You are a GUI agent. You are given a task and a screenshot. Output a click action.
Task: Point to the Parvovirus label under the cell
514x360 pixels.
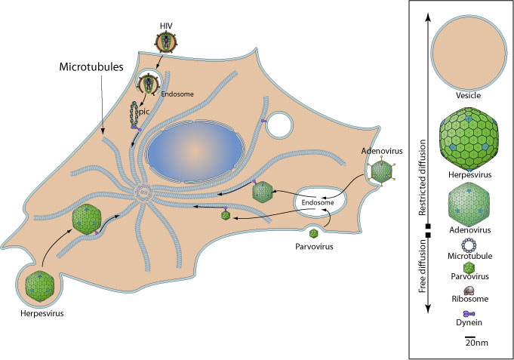314,247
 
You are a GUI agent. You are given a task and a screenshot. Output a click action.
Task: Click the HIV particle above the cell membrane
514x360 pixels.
165,45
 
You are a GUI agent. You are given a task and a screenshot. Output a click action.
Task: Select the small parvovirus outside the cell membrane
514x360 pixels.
314,233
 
